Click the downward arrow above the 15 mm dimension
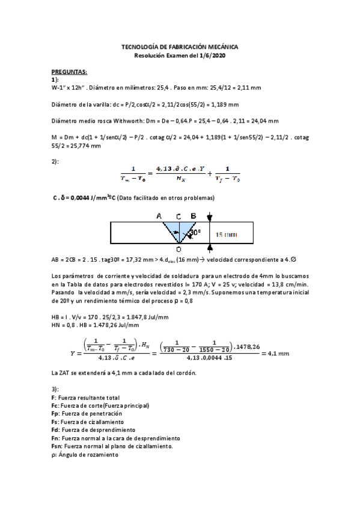(x=209, y=218)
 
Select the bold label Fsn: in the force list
(x=58, y=446)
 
